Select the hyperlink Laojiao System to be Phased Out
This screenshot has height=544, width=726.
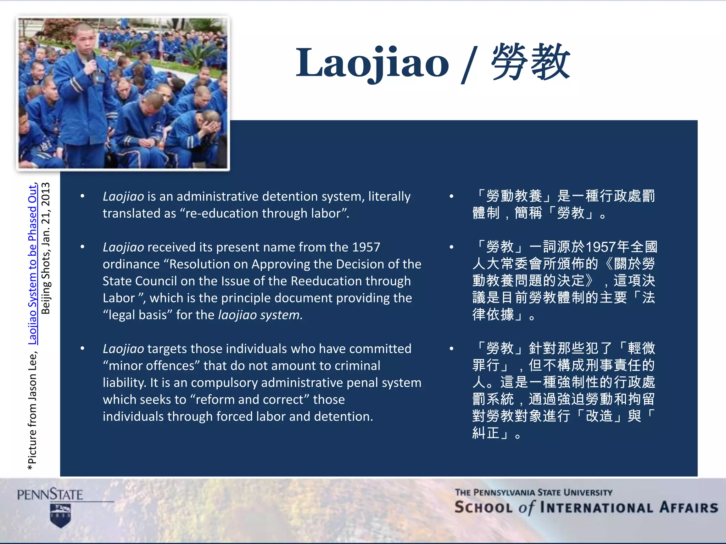(x=33, y=264)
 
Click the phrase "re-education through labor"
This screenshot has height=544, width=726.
(x=262, y=214)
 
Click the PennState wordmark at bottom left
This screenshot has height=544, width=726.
(x=50, y=494)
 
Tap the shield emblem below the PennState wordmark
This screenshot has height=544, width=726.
(x=61, y=516)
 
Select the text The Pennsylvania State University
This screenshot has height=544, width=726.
(x=534, y=493)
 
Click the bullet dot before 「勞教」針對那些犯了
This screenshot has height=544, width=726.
(x=452, y=349)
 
